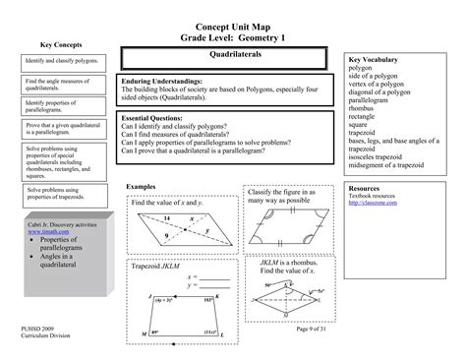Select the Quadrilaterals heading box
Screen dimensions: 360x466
tap(226, 57)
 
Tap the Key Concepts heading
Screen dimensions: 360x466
tap(60, 45)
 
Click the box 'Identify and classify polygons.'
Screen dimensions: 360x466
tap(62, 61)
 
